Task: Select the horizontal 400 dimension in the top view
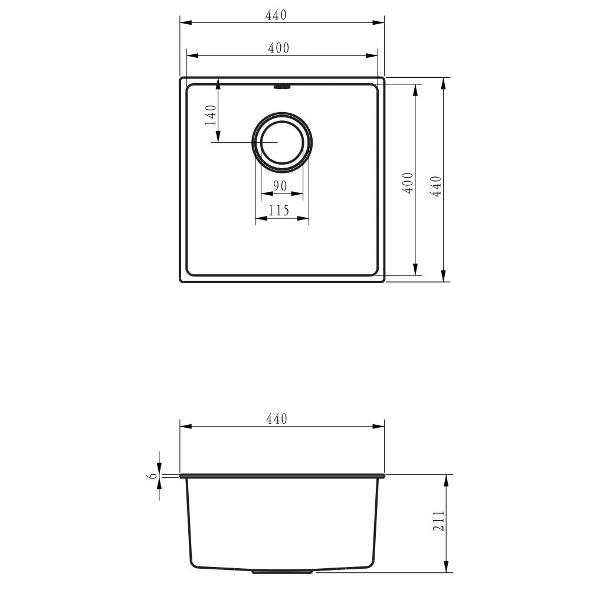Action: pyautogui.click(x=278, y=48)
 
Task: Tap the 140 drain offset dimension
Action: pyautogui.click(x=209, y=115)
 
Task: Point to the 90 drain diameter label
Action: pyautogui.click(x=280, y=186)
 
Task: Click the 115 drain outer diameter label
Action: pyautogui.click(x=278, y=211)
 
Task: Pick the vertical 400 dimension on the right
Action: pyautogui.click(x=408, y=183)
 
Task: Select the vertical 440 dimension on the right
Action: pyautogui.click(x=436, y=186)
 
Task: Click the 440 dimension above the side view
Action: pyautogui.click(x=276, y=419)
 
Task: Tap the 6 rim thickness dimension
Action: pyautogui.click(x=153, y=476)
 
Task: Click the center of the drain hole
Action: pyautogui.click(x=282, y=143)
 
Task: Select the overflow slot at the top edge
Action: pyautogui.click(x=282, y=87)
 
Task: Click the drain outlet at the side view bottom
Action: pyautogui.click(x=282, y=571)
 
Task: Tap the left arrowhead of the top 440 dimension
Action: pyautogui.click(x=183, y=23)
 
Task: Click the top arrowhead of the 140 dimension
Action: pyautogui.click(x=218, y=83)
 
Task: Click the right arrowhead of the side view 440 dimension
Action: pyautogui.click(x=381, y=427)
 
